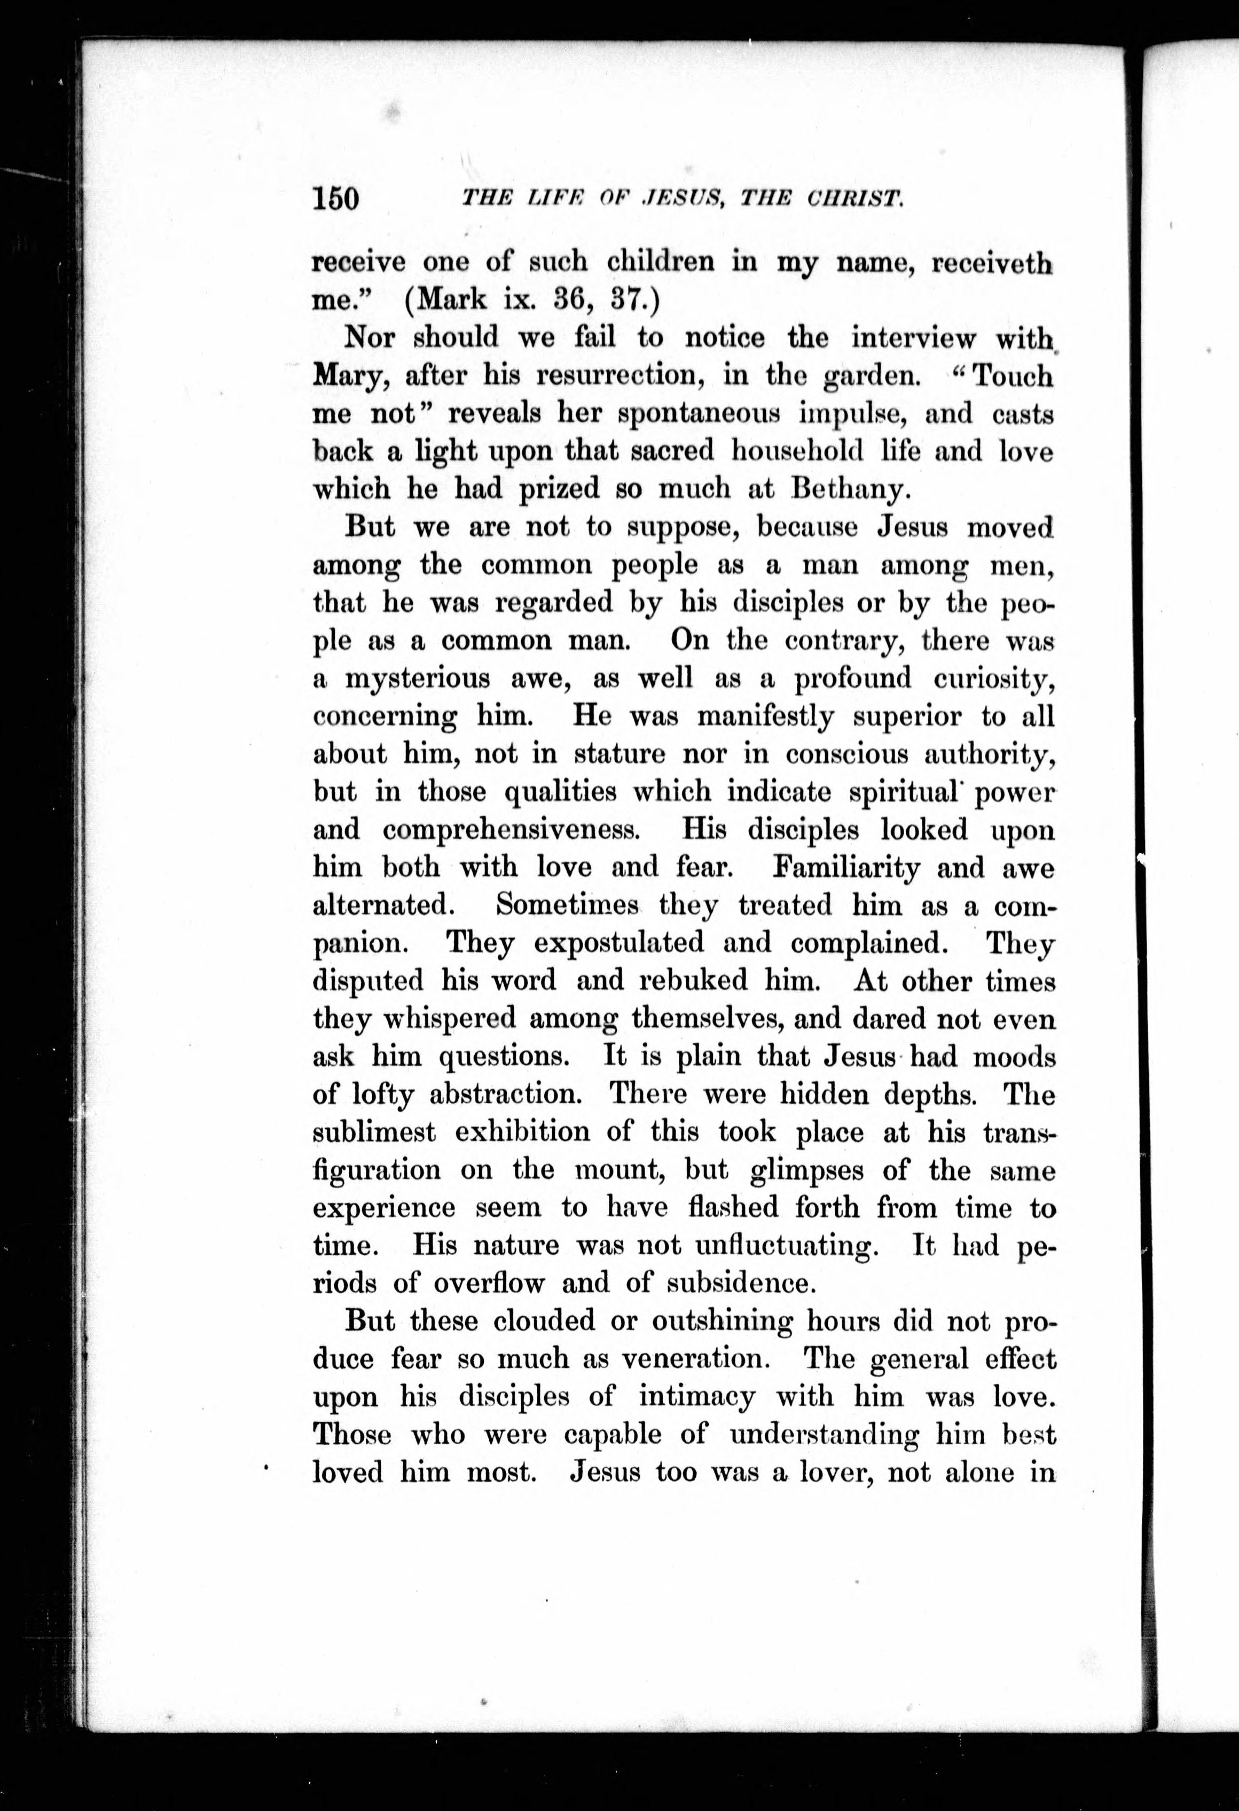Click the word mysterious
tap(418, 679)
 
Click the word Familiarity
tap(847, 867)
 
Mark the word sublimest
tap(373, 1131)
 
